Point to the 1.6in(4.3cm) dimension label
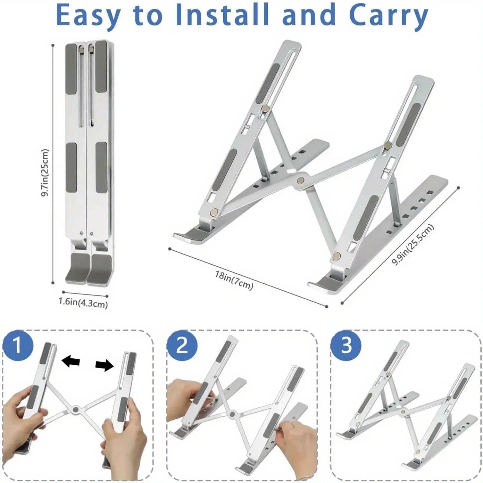click(x=83, y=303)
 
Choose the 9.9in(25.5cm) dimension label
click(x=413, y=245)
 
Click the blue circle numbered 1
click(x=18, y=346)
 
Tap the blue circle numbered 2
click(x=182, y=346)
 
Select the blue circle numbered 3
click(x=346, y=345)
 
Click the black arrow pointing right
click(x=105, y=366)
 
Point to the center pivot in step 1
click(x=76, y=409)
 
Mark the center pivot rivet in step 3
click(x=403, y=412)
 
